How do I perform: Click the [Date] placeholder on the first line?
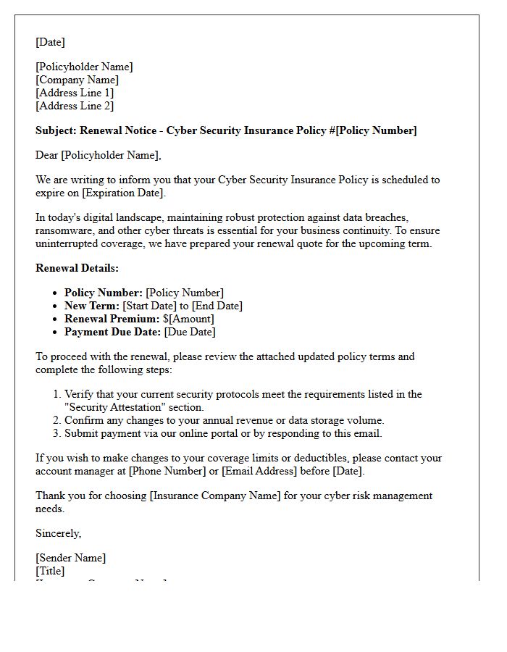click(50, 42)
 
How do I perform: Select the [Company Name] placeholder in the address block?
click(77, 80)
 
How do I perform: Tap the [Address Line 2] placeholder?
click(75, 106)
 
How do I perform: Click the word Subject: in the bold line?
click(56, 130)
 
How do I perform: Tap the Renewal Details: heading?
click(77, 268)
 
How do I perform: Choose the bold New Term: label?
click(92, 306)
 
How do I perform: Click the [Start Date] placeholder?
click(150, 306)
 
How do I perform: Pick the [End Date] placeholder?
click(217, 306)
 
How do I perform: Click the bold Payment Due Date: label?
click(112, 332)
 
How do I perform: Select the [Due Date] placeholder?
click(190, 332)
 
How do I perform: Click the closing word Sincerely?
click(58, 533)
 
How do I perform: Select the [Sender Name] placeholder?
click(70, 558)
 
